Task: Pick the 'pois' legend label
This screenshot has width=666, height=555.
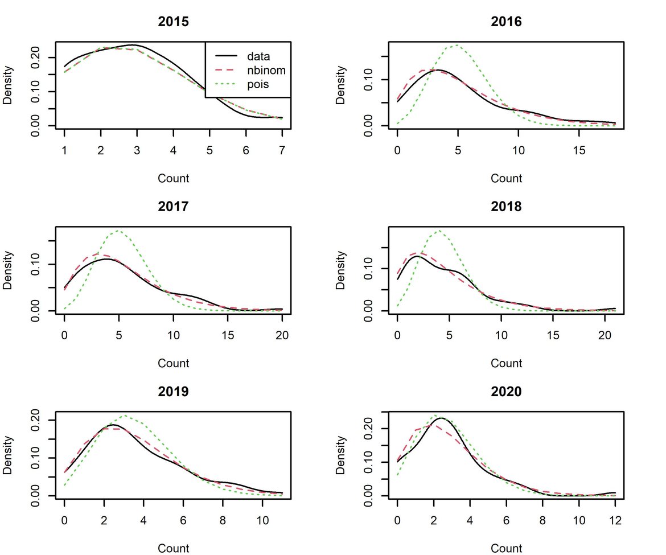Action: tap(257, 85)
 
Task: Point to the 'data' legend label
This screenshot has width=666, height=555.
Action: tap(258, 56)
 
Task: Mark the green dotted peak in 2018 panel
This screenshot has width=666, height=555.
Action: tap(438, 231)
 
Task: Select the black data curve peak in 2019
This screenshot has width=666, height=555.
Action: tap(112, 425)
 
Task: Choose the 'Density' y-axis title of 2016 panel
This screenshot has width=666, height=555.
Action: tap(340, 85)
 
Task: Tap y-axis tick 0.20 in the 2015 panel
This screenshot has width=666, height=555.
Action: tap(35, 57)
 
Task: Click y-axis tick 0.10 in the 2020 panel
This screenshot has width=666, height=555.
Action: tap(368, 462)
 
